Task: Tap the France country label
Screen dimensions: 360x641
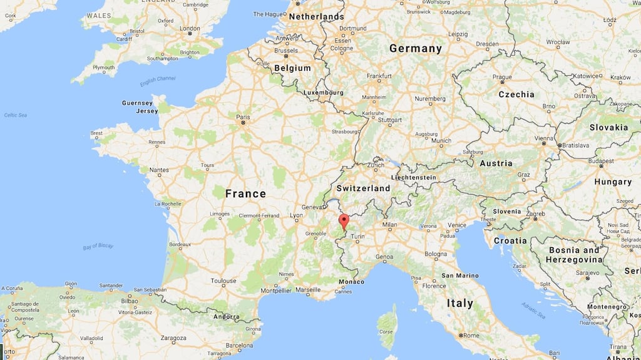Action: pyautogui.click(x=245, y=193)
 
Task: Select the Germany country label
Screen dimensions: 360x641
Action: pyautogui.click(x=415, y=48)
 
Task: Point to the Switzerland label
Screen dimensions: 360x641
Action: pyautogui.click(x=363, y=188)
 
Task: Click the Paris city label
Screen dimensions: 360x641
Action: pyautogui.click(x=243, y=117)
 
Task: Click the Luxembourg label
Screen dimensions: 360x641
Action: pyautogui.click(x=323, y=92)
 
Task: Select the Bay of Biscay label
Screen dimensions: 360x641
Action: pyautogui.click(x=98, y=246)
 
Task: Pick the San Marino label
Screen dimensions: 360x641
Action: pyautogui.click(x=460, y=275)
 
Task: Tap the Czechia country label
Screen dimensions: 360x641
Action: pyautogui.click(x=516, y=95)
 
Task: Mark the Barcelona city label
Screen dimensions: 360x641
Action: pyautogui.click(x=239, y=345)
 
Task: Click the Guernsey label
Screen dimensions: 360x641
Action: pyautogui.click(x=137, y=103)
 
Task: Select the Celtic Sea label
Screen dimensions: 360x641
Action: pyautogui.click(x=15, y=115)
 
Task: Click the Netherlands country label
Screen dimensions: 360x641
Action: pyautogui.click(x=316, y=16)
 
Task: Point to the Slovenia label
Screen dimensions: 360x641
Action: pyautogui.click(x=506, y=211)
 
